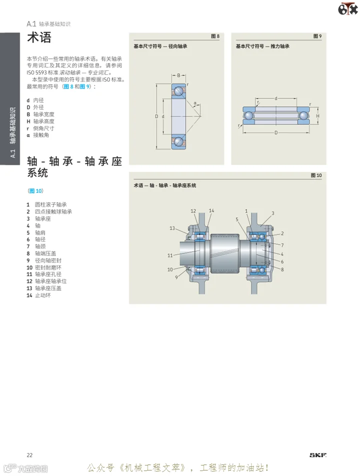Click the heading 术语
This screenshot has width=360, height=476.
(39, 37)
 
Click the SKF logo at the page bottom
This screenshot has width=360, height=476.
(318, 455)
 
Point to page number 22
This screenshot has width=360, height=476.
(29, 455)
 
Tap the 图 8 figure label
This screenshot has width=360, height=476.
(215, 36)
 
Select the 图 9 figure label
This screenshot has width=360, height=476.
(317, 36)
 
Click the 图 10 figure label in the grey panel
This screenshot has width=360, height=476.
(316, 175)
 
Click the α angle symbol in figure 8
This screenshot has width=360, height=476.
(195, 103)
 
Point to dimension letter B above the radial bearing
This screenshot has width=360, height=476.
(178, 75)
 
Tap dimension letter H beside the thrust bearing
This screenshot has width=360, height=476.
(317, 116)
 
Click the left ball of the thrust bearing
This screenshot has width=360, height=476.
(249, 116)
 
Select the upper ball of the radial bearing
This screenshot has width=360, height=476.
(178, 90)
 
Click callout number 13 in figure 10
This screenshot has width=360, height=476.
(172, 228)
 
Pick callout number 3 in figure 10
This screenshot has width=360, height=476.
(273, 213)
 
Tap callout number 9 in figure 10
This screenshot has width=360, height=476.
(176, 277)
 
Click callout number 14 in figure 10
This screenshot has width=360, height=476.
(211, 210)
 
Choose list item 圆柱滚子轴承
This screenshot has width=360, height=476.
(50, 205)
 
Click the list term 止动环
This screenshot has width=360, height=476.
(43, 295)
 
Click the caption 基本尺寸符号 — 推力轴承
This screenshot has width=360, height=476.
(262, 46)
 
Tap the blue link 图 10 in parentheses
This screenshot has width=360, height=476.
(35, 191)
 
